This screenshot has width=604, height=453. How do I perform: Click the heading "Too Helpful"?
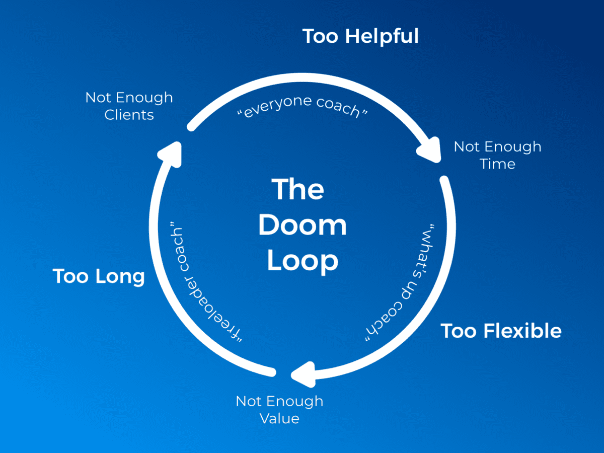click(360, 37)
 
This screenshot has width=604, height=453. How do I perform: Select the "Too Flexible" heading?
click(501, 331)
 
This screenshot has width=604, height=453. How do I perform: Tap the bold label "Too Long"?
click(99, 276)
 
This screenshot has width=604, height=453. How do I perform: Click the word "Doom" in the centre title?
click(303, 225)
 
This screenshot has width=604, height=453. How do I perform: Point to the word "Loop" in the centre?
click(303, 261)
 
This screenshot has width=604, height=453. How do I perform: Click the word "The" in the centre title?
click(298, 189)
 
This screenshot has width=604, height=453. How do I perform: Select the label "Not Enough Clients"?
click(129, 106)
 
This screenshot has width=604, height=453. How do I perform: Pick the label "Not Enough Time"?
click(497, 155)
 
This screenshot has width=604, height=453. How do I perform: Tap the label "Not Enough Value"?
click(279, 410)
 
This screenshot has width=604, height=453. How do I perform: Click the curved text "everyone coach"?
click(302, 107)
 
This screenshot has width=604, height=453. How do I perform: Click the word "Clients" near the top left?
click(129, 115)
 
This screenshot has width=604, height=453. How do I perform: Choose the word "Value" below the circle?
click(279, 418)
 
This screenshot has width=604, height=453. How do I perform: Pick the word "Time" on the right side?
click(497, 164)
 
